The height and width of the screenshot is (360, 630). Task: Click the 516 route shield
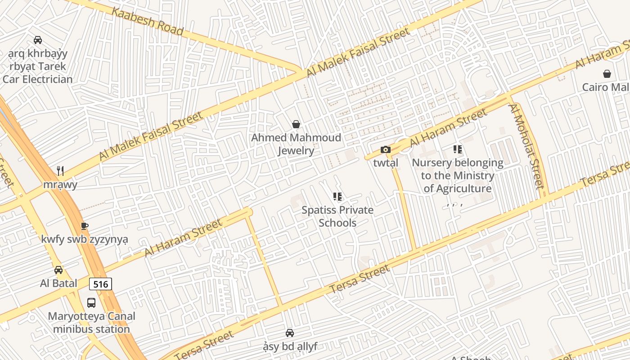tap(100, 284)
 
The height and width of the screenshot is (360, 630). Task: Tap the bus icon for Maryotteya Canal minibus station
tap(91, 303)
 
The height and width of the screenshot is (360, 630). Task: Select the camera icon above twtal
tap(386, 150)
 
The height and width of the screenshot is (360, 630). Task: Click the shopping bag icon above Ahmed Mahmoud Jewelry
tap(296, 124)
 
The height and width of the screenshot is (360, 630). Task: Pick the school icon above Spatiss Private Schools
tap(337, 197)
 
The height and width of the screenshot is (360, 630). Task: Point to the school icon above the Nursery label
tap(458, 149)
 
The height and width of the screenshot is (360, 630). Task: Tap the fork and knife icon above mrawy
tap(60, 171)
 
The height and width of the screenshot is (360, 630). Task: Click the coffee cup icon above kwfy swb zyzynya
tap(84, 226)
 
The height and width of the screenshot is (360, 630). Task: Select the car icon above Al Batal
tap(58, 270)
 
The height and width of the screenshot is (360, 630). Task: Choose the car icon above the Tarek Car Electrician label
tap(38, 40)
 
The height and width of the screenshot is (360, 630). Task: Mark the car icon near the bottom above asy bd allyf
tap(290, 333)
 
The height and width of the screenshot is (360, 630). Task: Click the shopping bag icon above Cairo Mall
tap(607, 74)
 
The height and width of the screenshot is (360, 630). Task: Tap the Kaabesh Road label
tap(148, 21)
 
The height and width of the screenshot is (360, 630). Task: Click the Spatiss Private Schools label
tap(337, 216)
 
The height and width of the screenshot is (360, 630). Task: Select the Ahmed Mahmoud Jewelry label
tap(296, 144)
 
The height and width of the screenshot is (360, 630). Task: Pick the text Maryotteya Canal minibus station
tap(91, 323)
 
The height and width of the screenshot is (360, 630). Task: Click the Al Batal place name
tap(58, 283)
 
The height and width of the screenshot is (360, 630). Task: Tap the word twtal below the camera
tap(386, 163)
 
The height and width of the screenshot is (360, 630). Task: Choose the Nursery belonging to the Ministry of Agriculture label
tap(458, 175)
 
